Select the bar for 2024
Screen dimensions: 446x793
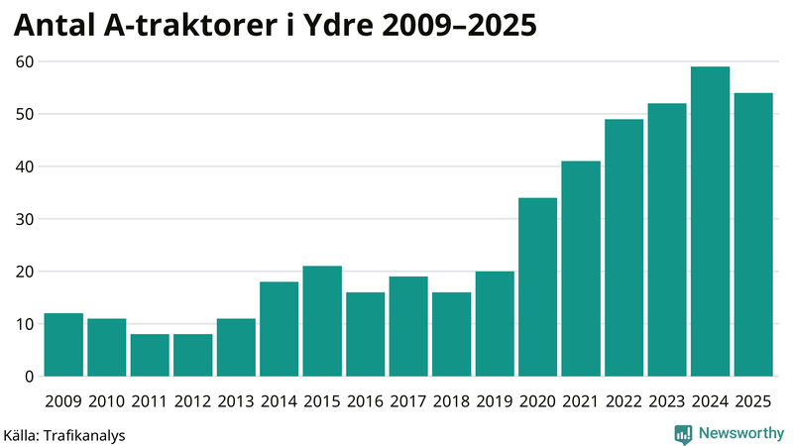click(710, 222)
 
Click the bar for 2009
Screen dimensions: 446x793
click(63, 345)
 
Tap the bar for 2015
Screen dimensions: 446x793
click(322, 321)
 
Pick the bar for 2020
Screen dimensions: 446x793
click(537, 287)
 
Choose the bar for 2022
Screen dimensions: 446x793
click(623, 248)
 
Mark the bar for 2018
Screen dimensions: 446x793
click(451, 334)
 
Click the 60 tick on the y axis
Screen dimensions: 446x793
click(25, 61)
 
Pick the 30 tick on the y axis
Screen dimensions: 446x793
click(25, 219)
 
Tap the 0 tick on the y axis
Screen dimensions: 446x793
click(30, 377)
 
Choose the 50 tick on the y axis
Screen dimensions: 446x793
click(25, 114)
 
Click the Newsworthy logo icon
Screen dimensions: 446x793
click(683, 433)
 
